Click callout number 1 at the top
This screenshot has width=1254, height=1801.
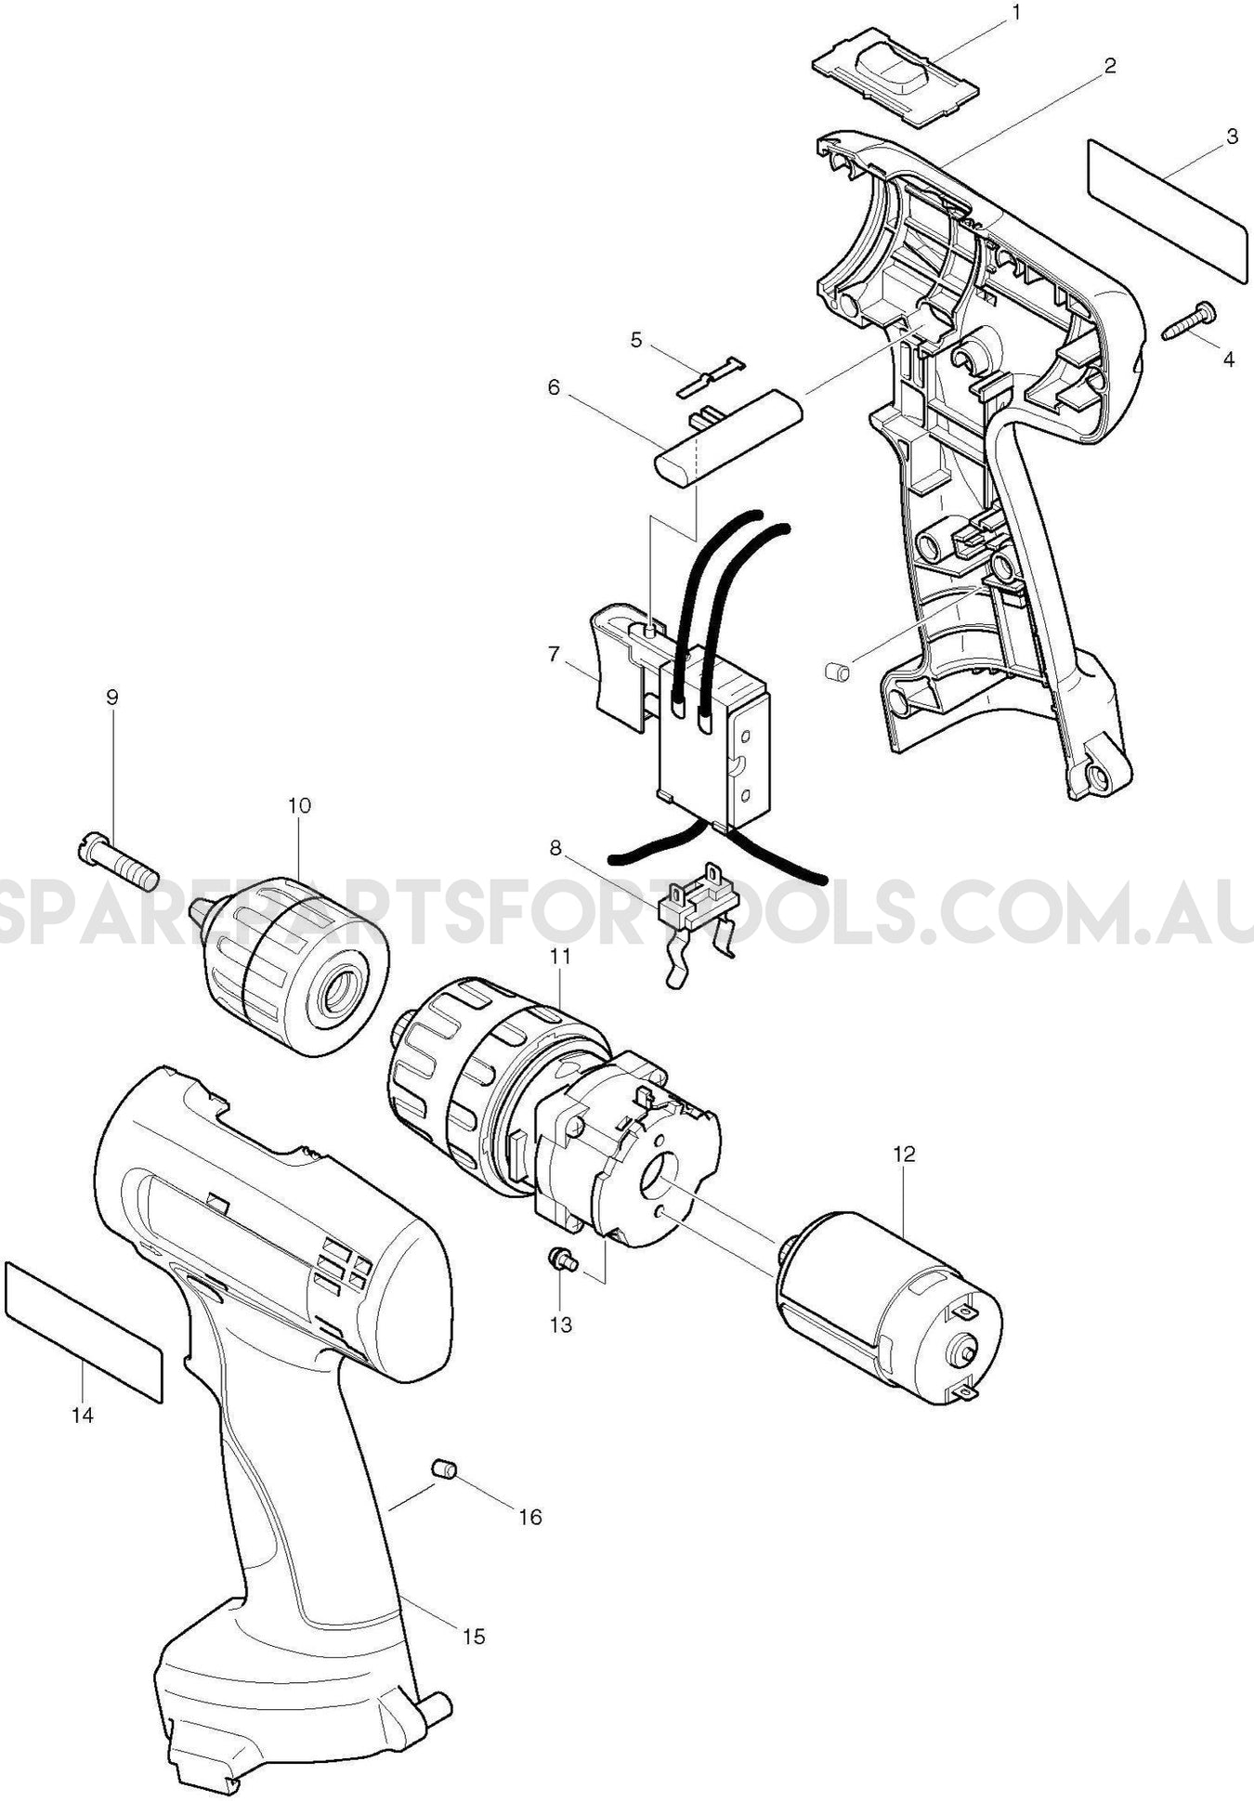click(1015, 13)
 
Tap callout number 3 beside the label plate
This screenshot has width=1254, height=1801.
click(1232, 137)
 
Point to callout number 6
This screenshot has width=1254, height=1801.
click(555, 387)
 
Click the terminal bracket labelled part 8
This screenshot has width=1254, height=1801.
click(699, 906)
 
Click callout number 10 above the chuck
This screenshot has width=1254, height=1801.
click(299, 805)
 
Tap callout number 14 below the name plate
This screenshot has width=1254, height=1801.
click(82, 1416)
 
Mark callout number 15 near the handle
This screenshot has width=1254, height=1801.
click(474, 1637)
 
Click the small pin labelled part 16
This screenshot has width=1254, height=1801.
click(444, 1468)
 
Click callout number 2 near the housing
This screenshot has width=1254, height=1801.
click(1109, 66)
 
